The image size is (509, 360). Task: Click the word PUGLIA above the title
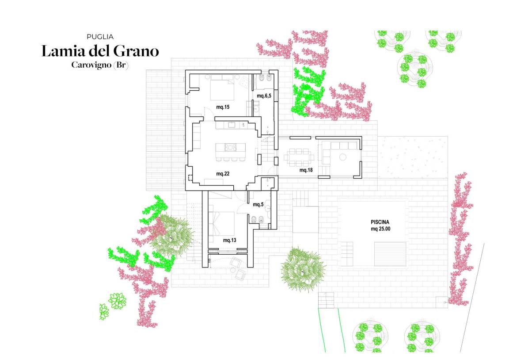(x=100, y=37)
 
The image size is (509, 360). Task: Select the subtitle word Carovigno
(x=91, y=65)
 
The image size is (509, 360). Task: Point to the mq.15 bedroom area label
(x=223, y=107)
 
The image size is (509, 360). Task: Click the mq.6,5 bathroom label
(x=264, y=96)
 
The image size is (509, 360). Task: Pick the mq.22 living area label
(x=223, y=174)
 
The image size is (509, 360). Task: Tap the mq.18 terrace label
(x=306, y=170)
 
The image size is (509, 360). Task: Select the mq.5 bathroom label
(x=258, y=204)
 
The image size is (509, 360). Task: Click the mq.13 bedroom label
(x=229, y=241)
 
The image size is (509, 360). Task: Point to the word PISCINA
(x=380, y=222)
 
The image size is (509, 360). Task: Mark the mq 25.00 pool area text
(x=380, y=229)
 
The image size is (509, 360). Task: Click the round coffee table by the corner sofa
(x=342, y=157)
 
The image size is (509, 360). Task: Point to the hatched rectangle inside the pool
(x=390, y=254)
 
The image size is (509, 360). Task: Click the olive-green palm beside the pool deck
(x=303, y=269)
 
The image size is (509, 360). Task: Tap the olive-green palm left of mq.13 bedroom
(x=171, y=237)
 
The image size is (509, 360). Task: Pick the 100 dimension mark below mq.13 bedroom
(x=209, y=260)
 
